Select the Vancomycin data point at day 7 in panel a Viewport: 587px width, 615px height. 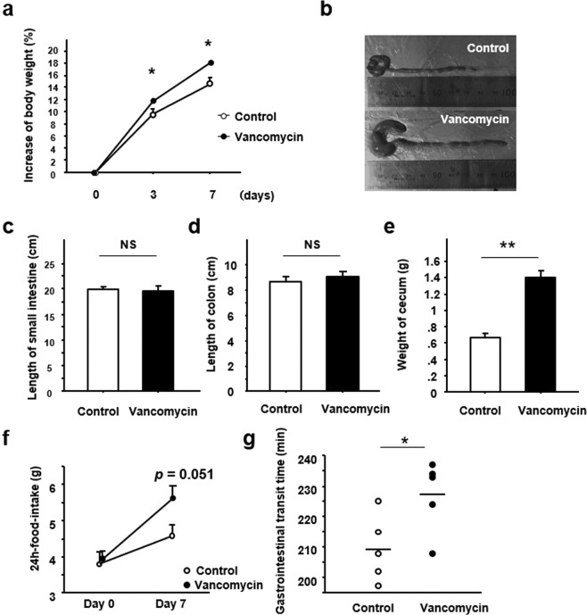[211, 62]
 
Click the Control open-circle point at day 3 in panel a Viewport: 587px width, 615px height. [153, 113]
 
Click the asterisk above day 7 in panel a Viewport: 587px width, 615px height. [208, 44]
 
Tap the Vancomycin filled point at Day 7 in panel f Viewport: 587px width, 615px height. [171, 498]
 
